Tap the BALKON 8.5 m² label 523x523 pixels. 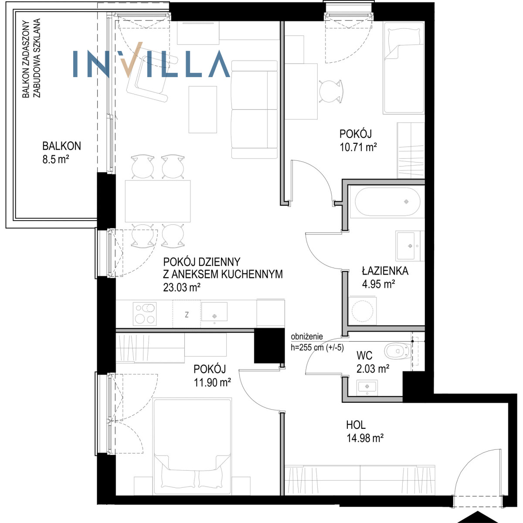(x=61, y=153)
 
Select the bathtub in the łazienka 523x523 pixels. (x=387, y=202)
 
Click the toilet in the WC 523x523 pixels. (x=397, y=351)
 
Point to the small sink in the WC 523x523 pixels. (x=367, y=387)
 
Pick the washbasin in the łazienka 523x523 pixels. (x=408, y=246)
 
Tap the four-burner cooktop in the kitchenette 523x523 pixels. (x=145, y=314)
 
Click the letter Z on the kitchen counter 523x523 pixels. (x=187, y=315)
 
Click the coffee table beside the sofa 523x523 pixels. (x=203, y=110)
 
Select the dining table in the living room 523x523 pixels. (x=158, y=201)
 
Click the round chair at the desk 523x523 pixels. (x=330, y=91)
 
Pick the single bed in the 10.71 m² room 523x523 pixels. (x=404, y=68)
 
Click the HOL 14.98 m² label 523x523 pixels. (x=365, y=432)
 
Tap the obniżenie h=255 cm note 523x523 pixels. (x=317, y=342)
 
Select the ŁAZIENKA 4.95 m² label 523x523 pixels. (x=385, y=277)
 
